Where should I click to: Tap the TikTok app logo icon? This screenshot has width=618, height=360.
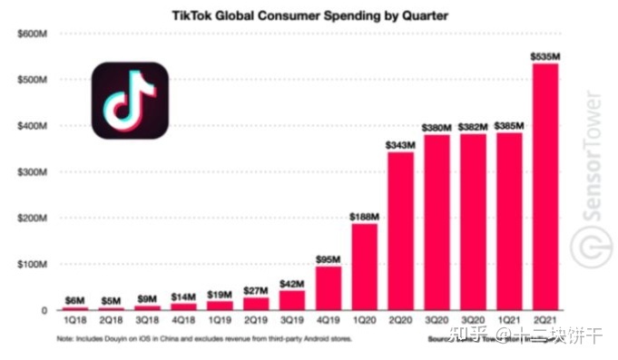tap(130, 100)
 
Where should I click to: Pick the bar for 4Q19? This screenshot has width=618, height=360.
tap(329, 287)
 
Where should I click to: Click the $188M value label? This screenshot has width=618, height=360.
tap(365, 216)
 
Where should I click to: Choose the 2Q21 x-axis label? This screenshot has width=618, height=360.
tap(544, 322)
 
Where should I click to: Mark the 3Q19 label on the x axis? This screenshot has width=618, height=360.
tap(292, 322)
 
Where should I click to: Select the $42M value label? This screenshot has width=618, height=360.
tap(292, 283)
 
